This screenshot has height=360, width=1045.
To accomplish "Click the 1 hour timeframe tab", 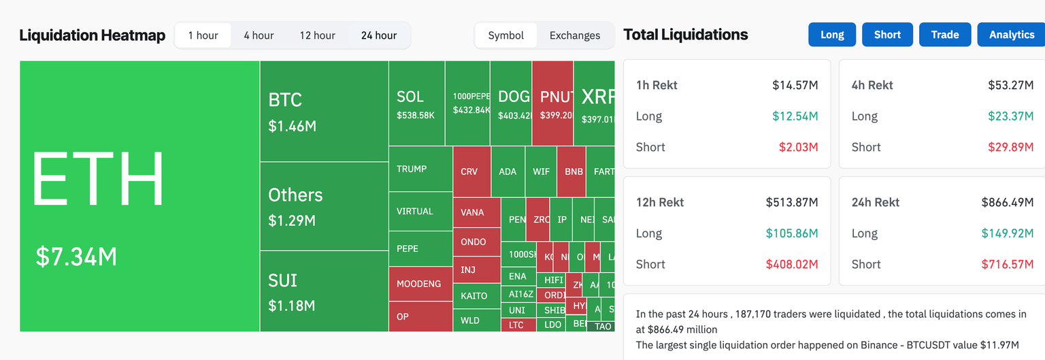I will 203,35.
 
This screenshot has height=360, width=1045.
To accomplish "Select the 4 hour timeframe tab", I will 259,35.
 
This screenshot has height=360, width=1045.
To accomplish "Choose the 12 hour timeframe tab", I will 317,35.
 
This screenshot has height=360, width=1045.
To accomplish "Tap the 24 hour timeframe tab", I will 378,35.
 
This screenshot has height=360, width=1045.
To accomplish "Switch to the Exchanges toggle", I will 574,35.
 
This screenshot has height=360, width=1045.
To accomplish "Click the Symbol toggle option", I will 505,35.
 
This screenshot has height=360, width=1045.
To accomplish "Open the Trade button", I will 944,35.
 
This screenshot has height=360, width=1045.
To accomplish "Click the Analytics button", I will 1011,35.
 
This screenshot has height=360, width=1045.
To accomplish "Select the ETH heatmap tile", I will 139,196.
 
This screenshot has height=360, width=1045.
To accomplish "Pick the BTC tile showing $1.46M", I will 324,111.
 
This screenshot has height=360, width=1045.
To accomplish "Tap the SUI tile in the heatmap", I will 324,291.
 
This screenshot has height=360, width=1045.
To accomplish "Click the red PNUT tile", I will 552,103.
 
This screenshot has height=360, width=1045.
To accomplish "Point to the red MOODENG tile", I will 420,284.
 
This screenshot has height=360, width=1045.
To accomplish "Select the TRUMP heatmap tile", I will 420,169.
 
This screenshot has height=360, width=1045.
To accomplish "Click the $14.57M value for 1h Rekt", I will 795,85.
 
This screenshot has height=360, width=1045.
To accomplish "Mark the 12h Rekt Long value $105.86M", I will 792,233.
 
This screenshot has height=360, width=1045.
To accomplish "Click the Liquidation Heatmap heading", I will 92,35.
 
